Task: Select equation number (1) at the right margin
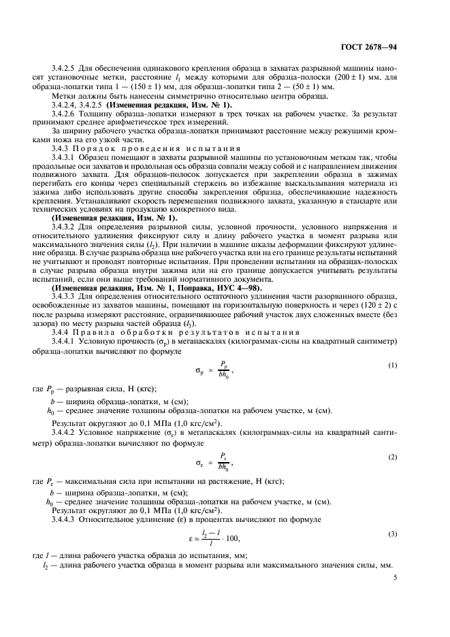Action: [393, 365]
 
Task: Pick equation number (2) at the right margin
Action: [393, 457]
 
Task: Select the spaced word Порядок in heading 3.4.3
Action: [105, 148]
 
